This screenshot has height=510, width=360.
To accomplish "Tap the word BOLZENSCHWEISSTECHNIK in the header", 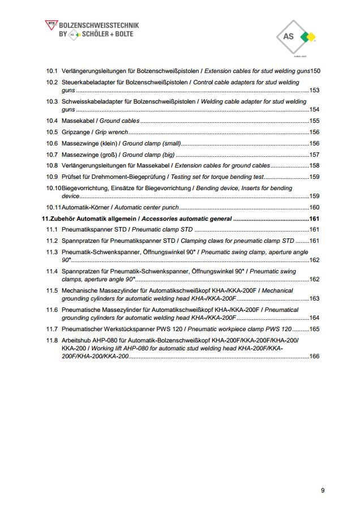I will click(x=98, y=25).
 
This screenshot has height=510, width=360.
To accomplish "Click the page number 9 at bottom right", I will click(x=323, y=490).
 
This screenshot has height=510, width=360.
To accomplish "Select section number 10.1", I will click(x=52, y=71).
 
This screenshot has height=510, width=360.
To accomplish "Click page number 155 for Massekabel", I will click(x=314, y=121).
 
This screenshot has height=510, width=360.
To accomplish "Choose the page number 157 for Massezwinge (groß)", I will click(x=314, y=155).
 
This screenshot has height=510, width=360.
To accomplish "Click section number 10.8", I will click(x=52, y=166).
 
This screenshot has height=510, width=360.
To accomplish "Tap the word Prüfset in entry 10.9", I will click(x=72, y=177).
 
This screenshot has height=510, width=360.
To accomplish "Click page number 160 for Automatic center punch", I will click(x=314, y=207).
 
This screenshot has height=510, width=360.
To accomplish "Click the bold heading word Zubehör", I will click(x=64, y=218).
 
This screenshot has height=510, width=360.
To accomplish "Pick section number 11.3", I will click(x=52, y=252).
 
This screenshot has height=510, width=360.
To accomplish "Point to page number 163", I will click(x=314, y=298).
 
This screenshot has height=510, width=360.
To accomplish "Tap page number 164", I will click(x=314, y=318).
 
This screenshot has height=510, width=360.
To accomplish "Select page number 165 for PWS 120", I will click(x=314, y=329).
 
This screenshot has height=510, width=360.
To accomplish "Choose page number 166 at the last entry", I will click(x=314, y=356).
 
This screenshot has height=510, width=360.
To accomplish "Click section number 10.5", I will click(x=52, y=132).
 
